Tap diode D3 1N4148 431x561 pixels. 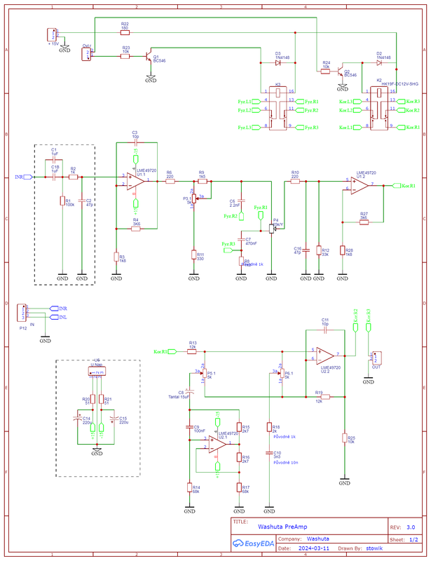278,62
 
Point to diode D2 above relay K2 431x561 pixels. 379,62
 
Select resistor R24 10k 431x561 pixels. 326,71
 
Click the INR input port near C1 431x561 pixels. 28,178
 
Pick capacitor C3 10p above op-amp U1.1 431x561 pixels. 135,142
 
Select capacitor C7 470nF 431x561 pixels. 241,239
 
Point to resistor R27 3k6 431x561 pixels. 363,222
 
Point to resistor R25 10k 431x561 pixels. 344,438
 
